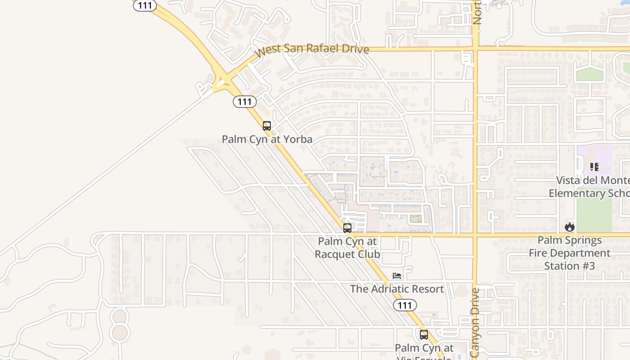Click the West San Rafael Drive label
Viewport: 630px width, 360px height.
click(x=311, y=49)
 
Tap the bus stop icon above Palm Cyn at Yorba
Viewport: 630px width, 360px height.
click(x=267, y=126)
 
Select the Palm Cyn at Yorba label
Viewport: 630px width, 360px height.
click(x=267, y=139)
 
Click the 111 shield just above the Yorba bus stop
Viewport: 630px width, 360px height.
click(x=244, y=102)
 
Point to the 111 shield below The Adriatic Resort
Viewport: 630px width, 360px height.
click(x=405, y=306)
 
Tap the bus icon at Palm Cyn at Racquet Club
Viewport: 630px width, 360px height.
click(x=347, y=228)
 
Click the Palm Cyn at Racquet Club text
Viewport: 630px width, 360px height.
click(x=347, y=248)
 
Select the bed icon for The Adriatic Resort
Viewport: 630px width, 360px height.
click(x=397, y=275)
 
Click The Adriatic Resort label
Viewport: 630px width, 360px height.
click(x=397, y=289)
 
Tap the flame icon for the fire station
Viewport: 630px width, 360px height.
click(x=570, y=227)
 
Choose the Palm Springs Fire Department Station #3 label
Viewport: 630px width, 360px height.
click(x=570, y=253)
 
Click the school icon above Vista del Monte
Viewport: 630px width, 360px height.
click(x=594, y=167)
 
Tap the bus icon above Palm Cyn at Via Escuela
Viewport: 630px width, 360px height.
click(x=423, y=335)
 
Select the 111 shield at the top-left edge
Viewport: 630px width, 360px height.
click(x=145, y=5)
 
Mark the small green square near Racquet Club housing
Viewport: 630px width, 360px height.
click(x=415, y=219)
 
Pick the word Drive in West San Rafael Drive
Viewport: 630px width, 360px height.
click(x=355, y=49)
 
